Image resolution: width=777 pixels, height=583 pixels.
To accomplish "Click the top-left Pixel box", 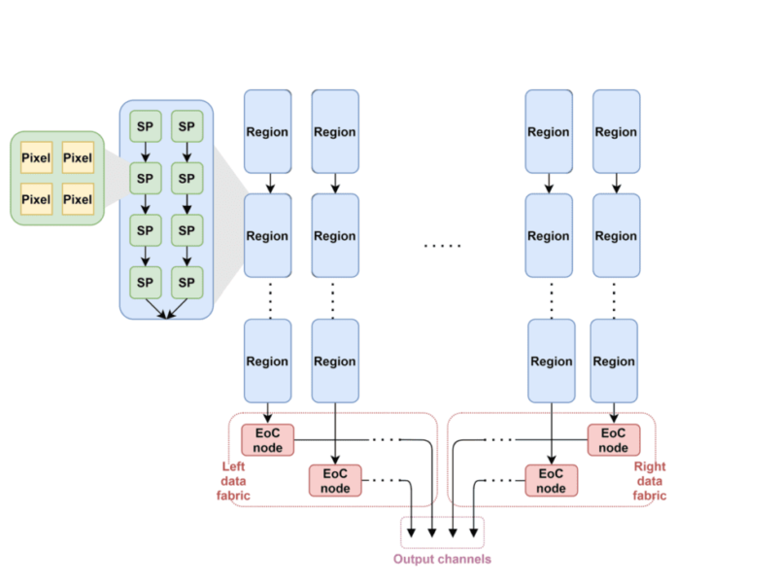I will tap(36, 158).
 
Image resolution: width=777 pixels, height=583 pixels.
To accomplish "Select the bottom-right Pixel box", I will tap(78, 199).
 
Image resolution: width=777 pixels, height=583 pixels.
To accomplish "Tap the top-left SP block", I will tap(146, 126).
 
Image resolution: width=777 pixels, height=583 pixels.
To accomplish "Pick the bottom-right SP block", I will tap(186, 282).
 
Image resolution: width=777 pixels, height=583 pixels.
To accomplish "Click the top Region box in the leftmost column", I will tap(267, 131).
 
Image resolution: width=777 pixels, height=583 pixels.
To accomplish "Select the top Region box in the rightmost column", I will tap(616, 131).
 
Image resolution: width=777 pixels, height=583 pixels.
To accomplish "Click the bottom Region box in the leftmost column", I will tap(267, 360).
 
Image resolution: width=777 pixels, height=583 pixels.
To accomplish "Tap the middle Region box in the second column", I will tap(335, 235).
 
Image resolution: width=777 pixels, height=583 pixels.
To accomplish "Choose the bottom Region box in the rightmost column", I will tap(614, 360).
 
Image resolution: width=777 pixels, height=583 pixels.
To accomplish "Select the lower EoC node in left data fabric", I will tap(335, 480).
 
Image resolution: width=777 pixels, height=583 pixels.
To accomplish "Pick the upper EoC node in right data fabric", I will tap(614, 439).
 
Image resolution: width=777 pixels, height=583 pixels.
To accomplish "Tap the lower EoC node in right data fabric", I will tap(552, 480).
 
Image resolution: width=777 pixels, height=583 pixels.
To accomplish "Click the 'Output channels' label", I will tap(442, 559).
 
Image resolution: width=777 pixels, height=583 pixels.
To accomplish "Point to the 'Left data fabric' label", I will tap(233, 481).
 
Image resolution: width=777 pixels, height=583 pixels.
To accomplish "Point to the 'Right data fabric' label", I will tap(650, 481).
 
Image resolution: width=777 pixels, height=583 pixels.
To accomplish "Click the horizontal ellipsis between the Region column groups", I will tap(442, 246).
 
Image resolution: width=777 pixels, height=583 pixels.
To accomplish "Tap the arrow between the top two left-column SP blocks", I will tap(146, 153).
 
